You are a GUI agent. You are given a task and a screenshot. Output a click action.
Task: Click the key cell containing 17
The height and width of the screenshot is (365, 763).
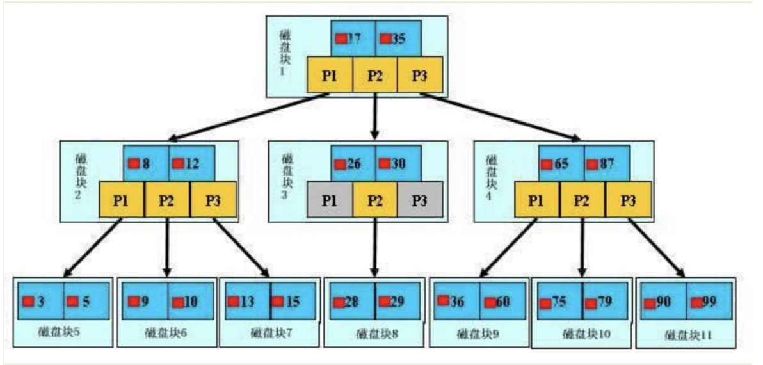(353, 38)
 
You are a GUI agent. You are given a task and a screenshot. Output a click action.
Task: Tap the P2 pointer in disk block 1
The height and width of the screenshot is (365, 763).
(375, 75)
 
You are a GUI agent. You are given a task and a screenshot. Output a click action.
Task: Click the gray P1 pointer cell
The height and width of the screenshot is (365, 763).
(330, 200)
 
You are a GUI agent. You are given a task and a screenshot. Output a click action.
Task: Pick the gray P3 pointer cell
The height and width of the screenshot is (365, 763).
(419, 200)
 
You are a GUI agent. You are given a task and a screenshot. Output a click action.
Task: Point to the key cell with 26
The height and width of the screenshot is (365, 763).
(353, 164)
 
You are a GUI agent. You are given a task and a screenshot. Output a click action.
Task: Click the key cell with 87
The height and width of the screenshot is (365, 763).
(607, 164)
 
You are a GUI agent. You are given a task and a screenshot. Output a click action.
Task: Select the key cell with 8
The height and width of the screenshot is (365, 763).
(146, 164)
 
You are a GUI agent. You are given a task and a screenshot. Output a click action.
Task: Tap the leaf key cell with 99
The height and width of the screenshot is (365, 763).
(709, 301)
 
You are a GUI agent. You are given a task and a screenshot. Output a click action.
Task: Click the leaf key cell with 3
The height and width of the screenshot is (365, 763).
(40, 301)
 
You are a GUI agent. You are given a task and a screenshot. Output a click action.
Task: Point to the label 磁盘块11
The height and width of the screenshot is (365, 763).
(688, 335)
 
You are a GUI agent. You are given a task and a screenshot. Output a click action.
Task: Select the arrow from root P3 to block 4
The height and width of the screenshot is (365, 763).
(499, 116)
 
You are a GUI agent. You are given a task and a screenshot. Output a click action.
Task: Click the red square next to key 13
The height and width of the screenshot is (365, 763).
(234, 301)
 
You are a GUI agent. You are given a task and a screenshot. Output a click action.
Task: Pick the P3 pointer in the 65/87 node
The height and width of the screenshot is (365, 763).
(629, 200)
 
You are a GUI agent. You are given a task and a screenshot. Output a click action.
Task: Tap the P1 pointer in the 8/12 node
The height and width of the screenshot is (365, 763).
(122, 200)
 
